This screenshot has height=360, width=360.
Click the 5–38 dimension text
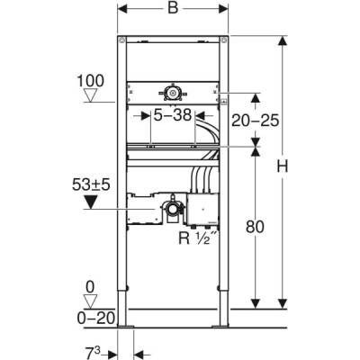point(171,115)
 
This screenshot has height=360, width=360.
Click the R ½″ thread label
point(196,240)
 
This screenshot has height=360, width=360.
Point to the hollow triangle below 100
point(87,95)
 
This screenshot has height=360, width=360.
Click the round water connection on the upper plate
point(170,91)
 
